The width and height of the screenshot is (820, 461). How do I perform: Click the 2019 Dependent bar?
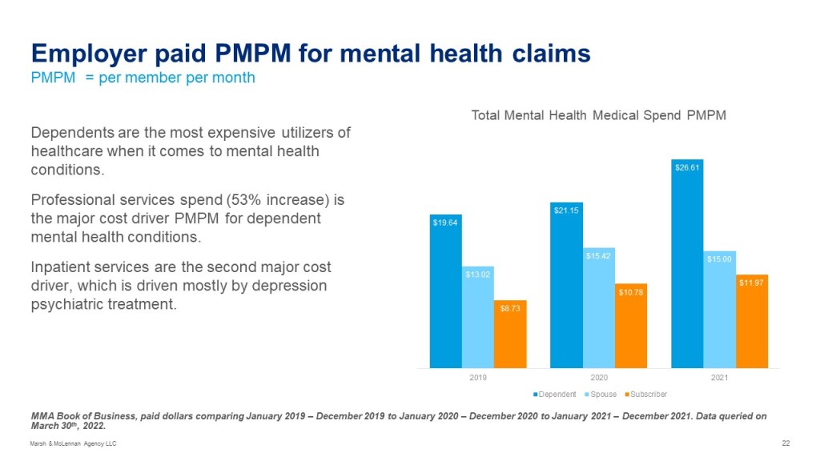coord(445,296)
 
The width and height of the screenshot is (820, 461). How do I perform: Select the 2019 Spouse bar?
coord(478,320)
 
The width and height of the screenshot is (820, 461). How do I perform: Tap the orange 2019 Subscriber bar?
coord(510,336)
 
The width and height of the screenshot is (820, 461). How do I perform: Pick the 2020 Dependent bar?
coord(567,288)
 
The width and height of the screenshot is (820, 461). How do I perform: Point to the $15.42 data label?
coord(599,256)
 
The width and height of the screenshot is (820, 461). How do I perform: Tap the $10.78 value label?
coord(631,292)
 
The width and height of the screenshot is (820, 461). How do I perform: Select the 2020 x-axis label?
coord(599,378)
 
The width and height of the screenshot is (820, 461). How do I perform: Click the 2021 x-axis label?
coord(720,378)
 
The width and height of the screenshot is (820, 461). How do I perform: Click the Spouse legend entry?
coord(602,394)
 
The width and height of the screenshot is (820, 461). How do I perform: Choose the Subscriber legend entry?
coord(645,394)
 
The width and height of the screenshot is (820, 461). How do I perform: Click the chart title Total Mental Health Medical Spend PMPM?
coord(598,115)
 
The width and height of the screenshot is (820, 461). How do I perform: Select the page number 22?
coord(786,443)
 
